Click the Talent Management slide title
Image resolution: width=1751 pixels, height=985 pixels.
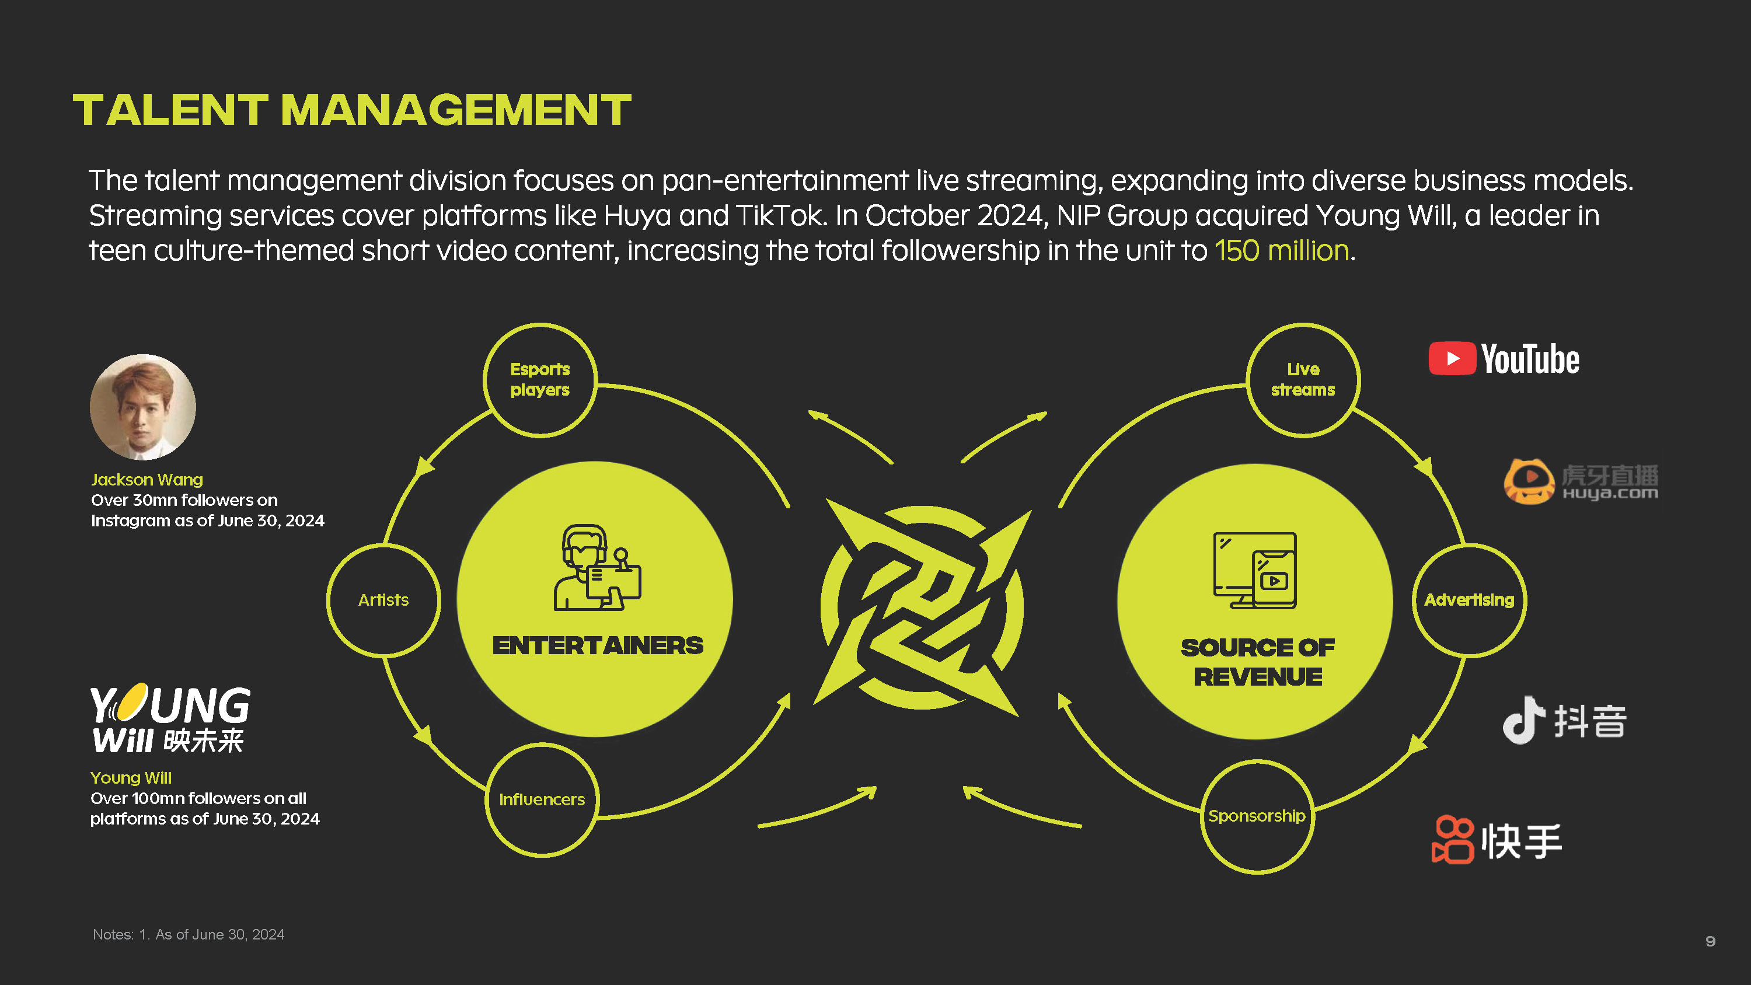[x=352, y=110]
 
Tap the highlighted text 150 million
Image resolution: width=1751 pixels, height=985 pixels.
[x=1281, y=251]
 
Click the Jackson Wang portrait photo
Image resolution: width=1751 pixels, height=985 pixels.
[x=143, y=407]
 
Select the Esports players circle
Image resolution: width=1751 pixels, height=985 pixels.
[x=540, y=380]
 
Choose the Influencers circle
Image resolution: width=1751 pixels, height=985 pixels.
[x=542, y=799]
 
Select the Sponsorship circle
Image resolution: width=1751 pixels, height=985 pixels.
[x=1257, y=816]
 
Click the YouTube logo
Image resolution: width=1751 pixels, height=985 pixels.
[x=1504, y=359]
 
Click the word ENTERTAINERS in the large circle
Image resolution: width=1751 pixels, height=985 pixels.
[x=598, y=646]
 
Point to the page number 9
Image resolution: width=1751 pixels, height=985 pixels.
[x=1710, y=941]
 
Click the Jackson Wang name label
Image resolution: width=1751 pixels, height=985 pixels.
[x=147, y=480]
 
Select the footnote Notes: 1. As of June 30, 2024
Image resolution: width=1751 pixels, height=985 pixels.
[x=189, y=935]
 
